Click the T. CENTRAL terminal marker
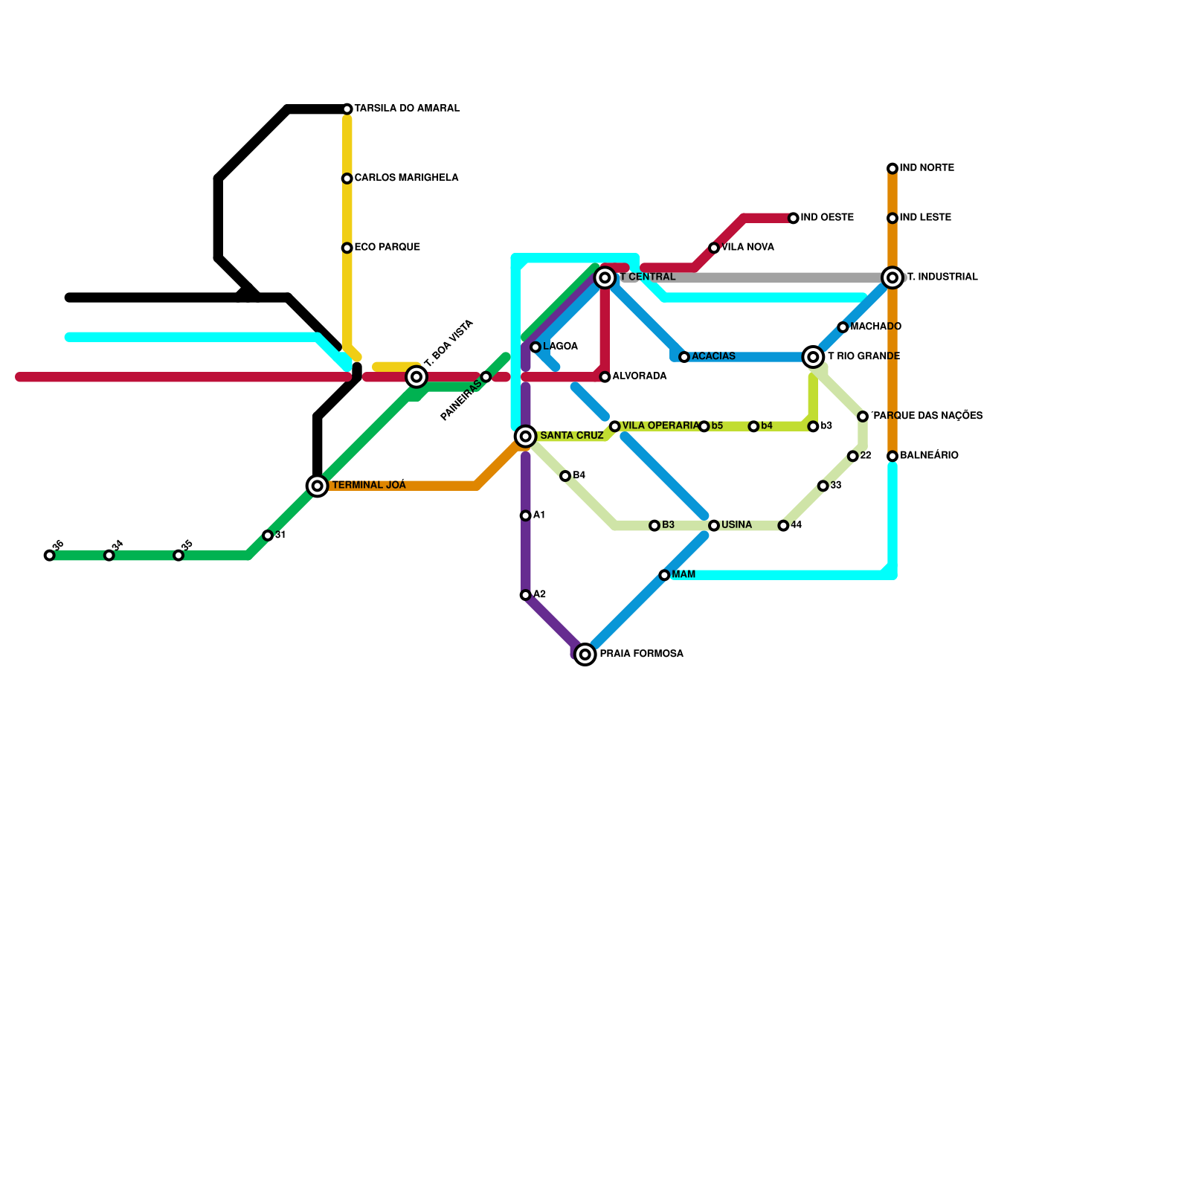pyautogui.click(x=605, y=277)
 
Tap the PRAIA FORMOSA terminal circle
pyautogui.click(x=585, y=654)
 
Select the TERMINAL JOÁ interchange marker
pyautogui.click(x=318, y=486)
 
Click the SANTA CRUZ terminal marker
pyautogui.click(x=526, y=436)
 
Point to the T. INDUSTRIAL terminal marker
pyautogui.click(x=892, y=277)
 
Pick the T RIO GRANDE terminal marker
pyautogui.click(x=814, y=357)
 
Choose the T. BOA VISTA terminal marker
pyautogui.click(x=416, y=377)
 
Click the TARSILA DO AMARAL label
pyautogui.click(x=407, y=109)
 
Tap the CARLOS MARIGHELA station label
pyautogui.click(x=406, y=178)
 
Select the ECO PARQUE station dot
pyautogui.click(x=347, y=248)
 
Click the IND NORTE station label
pyautogui.click(x=927, y=168)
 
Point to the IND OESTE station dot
pyautogui.click(x=794, y=218)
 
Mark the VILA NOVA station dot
pyautogui.click(x=714, y=248)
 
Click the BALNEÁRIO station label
pyautogui.click(x=929, y=455)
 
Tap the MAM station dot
pyautogui.click(x=664, y=575)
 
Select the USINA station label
pyautogui.click(x=736, y=525)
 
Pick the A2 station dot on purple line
pyautogui.click(x=526, y=595)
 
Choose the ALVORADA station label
pyautogui.click(x=640, y=376)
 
